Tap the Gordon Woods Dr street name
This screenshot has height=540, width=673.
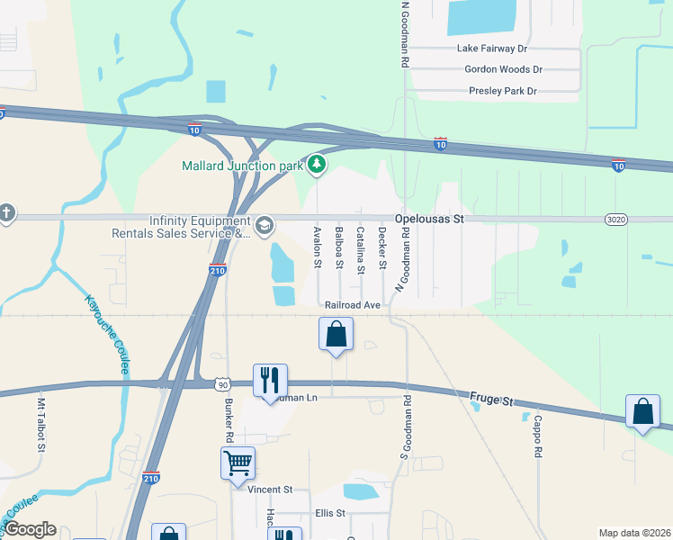(503, 69)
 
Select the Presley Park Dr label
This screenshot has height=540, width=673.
(502, 91)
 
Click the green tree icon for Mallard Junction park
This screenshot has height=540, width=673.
(316, 164)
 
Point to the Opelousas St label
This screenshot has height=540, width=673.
(429, 219)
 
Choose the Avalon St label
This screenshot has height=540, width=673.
(317, 247)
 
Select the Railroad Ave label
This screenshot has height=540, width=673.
(354, 305)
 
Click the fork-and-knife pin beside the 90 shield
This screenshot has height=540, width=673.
(269, 380)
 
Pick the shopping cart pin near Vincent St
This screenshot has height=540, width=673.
(238, 463)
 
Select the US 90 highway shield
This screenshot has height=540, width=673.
(221, 384)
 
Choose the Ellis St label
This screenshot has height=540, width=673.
(330, 513)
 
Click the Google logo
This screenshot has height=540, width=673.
(30, 529)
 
